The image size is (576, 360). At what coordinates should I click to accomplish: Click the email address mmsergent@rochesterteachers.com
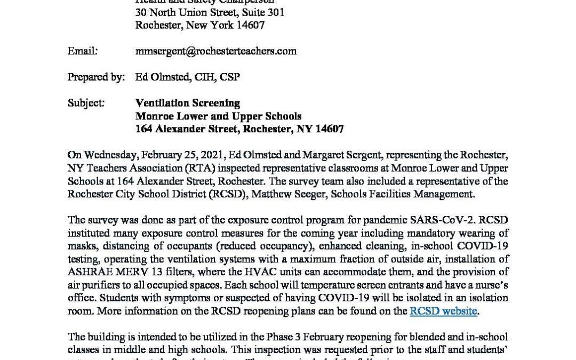point(216,51)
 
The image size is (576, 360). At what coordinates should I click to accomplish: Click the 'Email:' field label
point(82,51)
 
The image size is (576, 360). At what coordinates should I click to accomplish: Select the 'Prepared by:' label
point(96,77)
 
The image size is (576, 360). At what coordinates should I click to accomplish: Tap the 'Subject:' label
point(86,103)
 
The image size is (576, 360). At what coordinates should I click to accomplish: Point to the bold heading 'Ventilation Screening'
point(188,103)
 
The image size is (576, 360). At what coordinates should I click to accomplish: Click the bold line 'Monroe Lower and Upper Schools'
point(219,116)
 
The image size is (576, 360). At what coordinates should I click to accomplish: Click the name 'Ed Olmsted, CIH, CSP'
point(188,77)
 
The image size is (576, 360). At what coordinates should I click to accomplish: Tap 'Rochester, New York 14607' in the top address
point(200,25)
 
